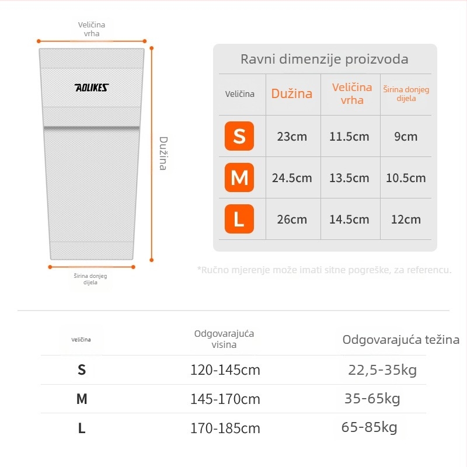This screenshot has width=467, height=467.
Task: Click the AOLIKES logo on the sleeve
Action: [92, 88]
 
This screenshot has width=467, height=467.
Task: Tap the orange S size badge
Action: [239, 136]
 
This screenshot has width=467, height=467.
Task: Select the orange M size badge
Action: [239, 177]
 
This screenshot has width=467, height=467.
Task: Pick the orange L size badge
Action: [239, 219]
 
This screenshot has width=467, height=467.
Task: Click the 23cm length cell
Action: [292, 137]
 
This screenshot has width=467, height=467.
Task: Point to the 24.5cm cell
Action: [292, 178]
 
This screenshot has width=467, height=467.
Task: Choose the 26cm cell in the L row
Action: [292, 219]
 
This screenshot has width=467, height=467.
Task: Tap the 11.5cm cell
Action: [349, 137]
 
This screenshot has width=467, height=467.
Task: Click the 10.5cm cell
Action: [406, 178]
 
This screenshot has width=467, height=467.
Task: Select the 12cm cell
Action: [406, 219]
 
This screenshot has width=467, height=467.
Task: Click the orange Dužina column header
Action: [292, 93]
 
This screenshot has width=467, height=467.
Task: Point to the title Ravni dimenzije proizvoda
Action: [325, 60]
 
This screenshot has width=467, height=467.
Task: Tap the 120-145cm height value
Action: [225, 370]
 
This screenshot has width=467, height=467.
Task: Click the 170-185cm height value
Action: [225, 428]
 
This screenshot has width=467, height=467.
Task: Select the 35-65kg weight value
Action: [372, 399]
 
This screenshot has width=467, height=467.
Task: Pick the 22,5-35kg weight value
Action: [382, 370]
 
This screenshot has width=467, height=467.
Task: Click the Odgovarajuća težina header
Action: [400, 340]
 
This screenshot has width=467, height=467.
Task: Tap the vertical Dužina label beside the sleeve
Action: [163, 153]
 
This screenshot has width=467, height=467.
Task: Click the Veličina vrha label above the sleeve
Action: [92, 29]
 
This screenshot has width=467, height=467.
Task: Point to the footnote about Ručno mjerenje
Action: [325, 270]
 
